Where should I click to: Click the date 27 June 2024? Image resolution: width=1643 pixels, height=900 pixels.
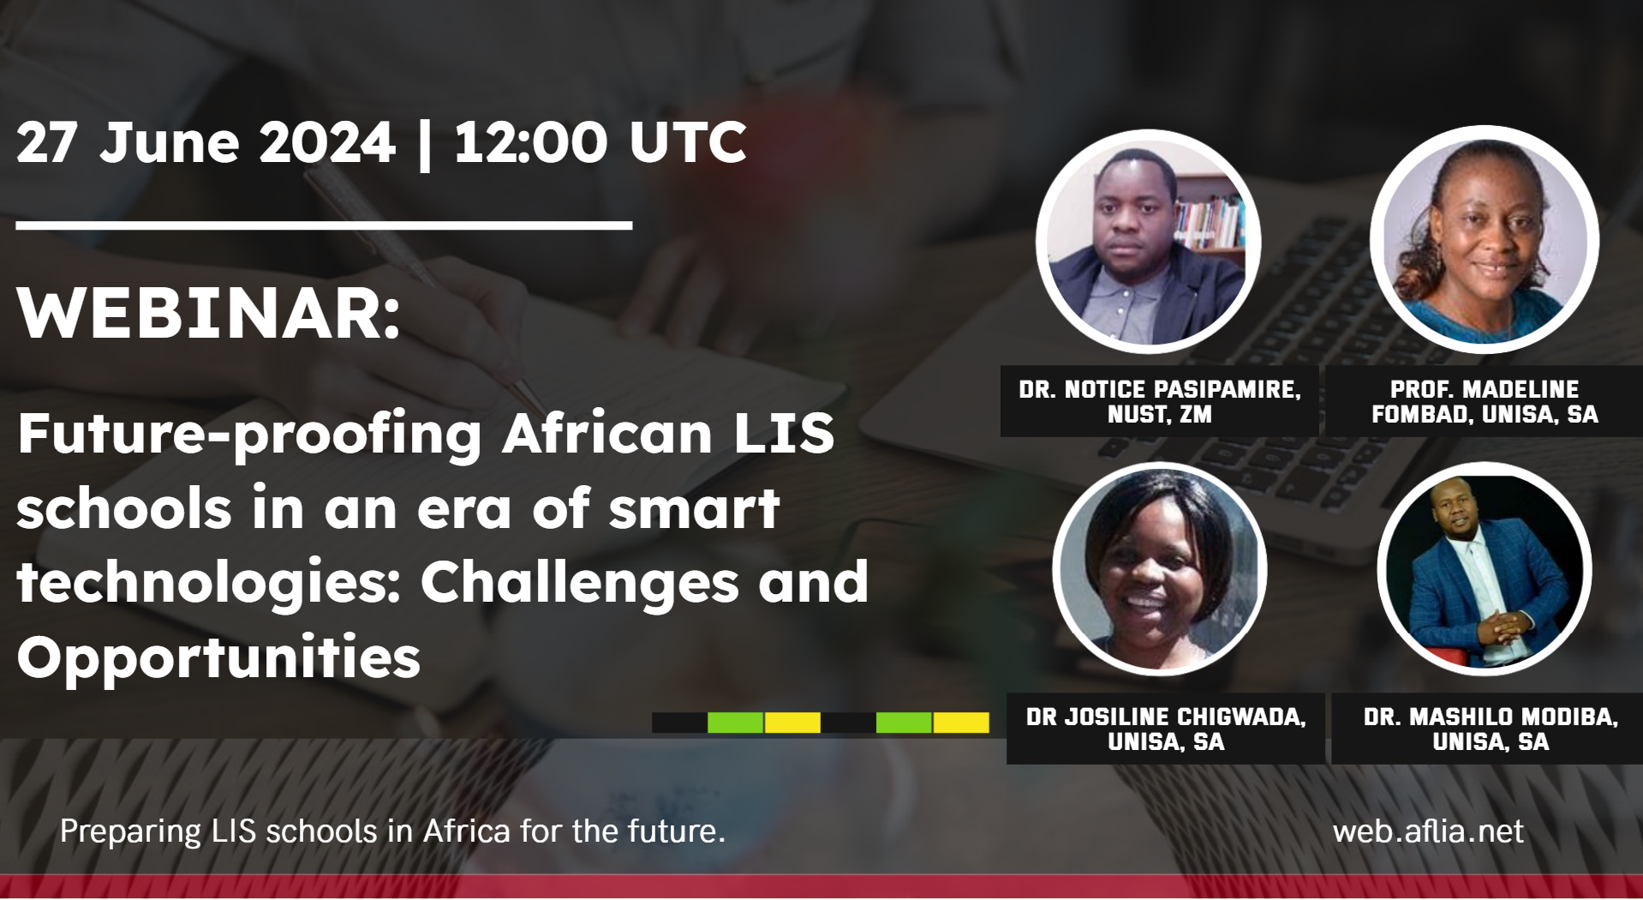(x=206, y=142)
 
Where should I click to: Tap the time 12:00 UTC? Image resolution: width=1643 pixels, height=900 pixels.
(x=600, y=142)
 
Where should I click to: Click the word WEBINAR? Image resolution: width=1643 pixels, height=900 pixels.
(x=208, y=314)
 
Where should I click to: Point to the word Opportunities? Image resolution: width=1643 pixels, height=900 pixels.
(x=218, y=658)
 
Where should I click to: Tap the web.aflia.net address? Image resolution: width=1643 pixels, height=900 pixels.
(x=1428, y=831)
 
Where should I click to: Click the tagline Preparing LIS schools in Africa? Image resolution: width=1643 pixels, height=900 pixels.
(x=392, y=831)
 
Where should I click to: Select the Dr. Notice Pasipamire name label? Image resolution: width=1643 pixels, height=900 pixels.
(x=1159, y=401)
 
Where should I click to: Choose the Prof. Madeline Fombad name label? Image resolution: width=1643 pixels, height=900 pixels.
(x=1485, y=401)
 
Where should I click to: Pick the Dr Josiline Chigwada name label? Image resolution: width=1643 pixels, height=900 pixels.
(x=1166, y=729)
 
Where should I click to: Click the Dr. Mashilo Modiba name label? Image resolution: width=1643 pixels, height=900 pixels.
(x=1491, y=729)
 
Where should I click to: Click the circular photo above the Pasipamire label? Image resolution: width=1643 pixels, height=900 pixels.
(x=1148, y=242)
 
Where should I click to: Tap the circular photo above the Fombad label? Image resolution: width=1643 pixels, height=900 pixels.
(x=1485, y=240)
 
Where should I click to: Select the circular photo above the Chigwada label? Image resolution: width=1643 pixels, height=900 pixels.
(x=1160, y=569)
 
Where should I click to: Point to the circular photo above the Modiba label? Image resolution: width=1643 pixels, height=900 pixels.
(x=1485, y=569)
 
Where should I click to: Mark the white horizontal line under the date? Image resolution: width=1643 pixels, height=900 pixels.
(x=324, y=225)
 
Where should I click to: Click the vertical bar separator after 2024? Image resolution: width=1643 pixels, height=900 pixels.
(x=424, y=144)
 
